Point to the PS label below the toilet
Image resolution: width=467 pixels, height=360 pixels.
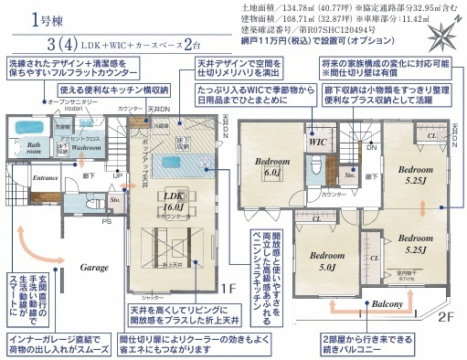(x=107, y=219)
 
